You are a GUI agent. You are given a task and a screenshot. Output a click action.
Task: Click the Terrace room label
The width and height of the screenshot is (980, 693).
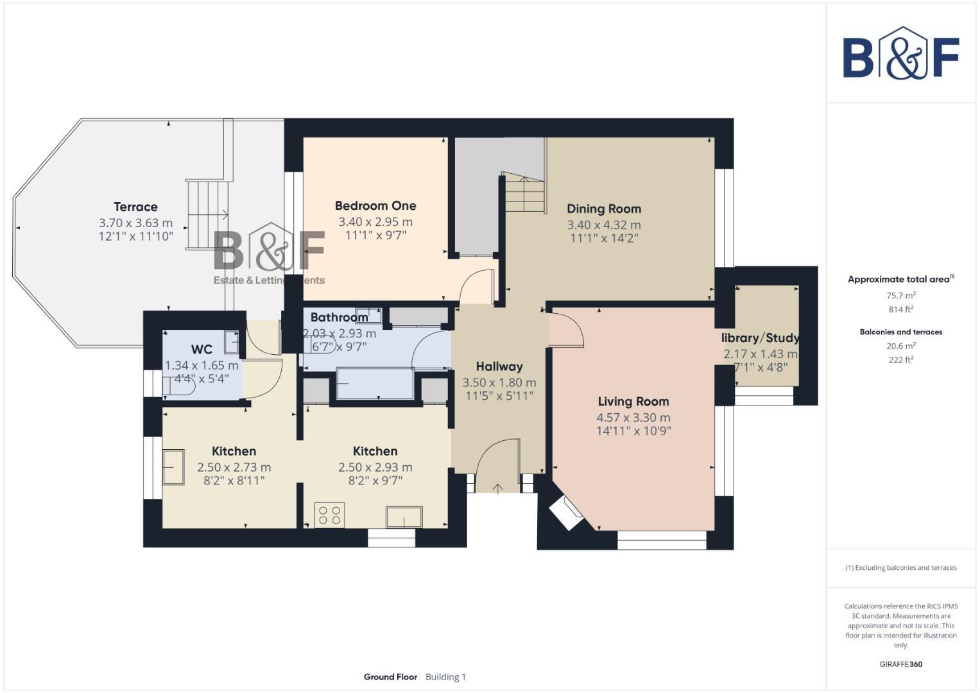coord(135,207)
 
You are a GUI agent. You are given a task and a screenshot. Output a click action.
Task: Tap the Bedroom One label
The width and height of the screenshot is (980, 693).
coord(375,205)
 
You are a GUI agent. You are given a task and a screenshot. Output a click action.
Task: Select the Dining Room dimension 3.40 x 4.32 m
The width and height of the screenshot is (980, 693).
coord(603,225)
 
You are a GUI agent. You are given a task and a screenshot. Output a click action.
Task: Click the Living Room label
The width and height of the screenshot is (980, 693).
coord(633,401)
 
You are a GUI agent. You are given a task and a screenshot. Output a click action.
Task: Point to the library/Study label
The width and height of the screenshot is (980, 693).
coord(760,338)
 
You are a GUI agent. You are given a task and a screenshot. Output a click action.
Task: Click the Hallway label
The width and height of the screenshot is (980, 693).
coord(499,366)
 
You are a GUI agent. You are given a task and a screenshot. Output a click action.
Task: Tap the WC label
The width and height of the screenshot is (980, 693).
coord(202,349)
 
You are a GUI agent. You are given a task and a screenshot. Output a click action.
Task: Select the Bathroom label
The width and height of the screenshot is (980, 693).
coord(339,317)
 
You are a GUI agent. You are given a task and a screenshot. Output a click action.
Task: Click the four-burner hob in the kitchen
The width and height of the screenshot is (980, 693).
coord(330,515)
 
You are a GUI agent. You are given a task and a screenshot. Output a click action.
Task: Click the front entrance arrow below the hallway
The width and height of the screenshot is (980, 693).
coord(497,489)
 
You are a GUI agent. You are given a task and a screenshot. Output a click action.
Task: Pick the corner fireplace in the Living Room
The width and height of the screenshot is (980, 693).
coord(565,513)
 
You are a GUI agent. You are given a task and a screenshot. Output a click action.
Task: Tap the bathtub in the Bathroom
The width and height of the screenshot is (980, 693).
coord(375,383)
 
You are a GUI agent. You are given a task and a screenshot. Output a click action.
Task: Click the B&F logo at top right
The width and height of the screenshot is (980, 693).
coord(900,54)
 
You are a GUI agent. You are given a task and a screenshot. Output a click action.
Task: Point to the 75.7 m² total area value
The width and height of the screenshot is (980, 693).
coord(900,295)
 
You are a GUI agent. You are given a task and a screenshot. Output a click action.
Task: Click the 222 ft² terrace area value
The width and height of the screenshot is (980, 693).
coord(900,360)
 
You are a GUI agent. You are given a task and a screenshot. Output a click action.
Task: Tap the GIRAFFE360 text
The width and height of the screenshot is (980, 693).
coord(900,664)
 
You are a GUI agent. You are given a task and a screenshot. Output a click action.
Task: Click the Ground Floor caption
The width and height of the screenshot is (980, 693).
coord(390,677)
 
